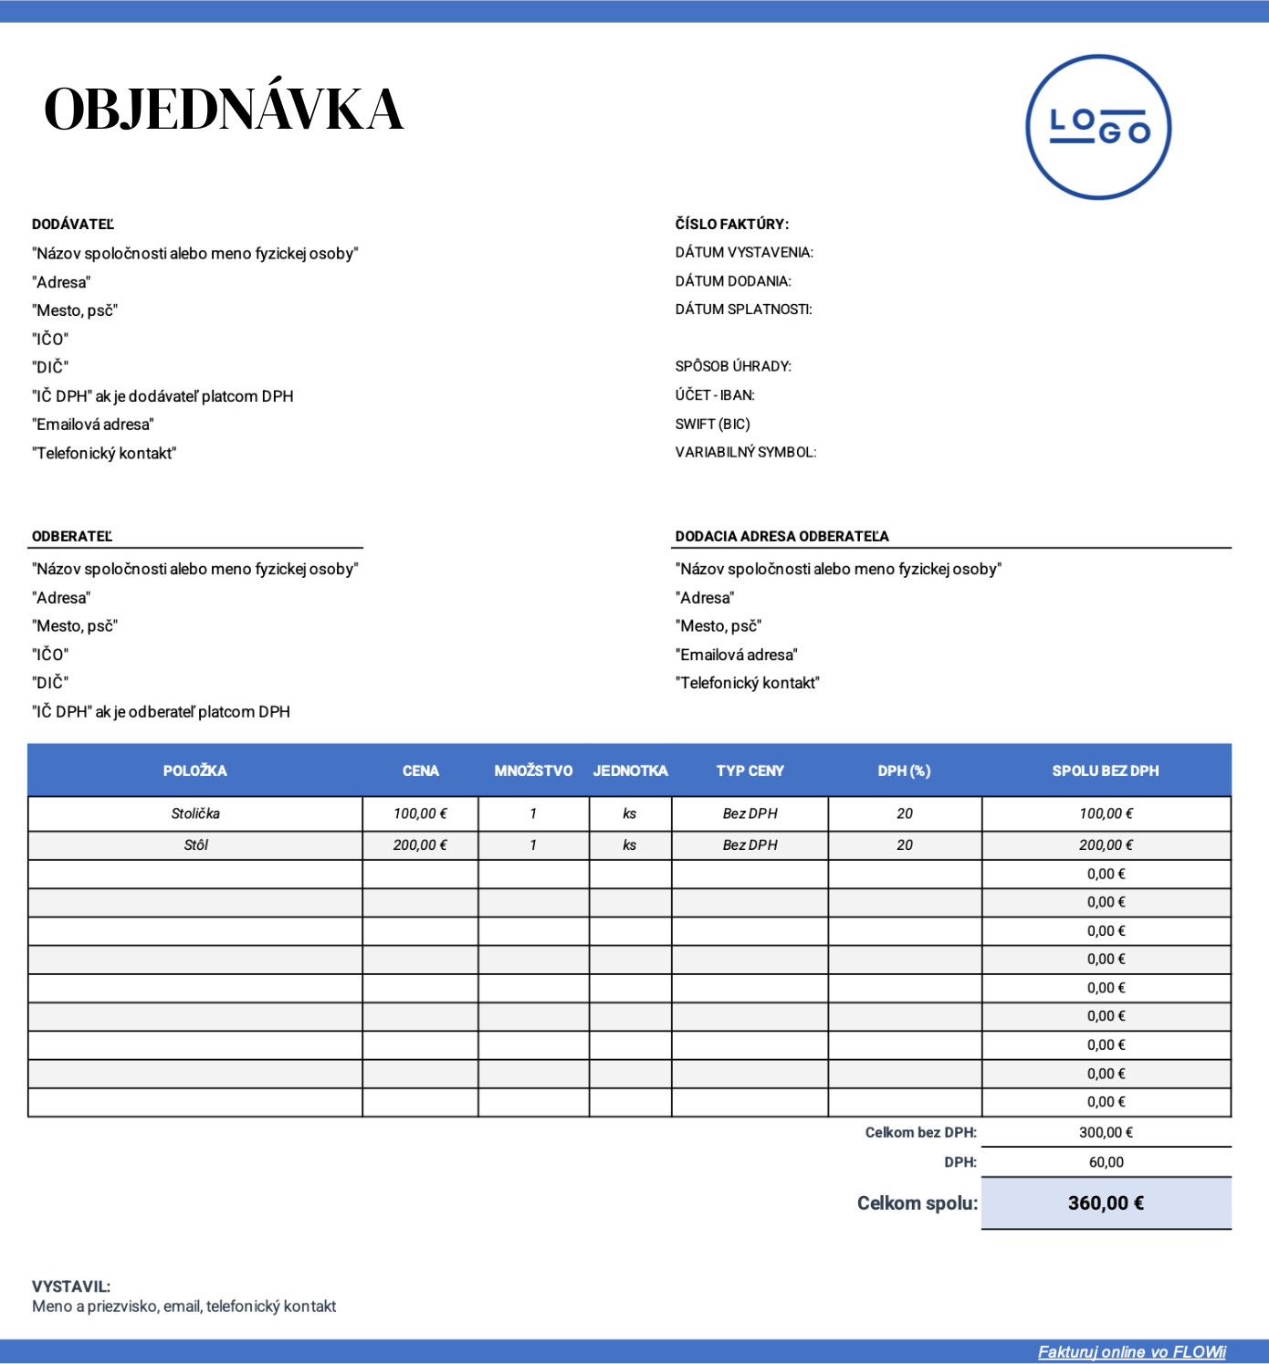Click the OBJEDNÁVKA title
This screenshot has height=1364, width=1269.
pos(224,110)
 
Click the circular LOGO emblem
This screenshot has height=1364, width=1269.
pos(1098,127)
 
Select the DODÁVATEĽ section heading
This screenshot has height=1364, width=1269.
pos(73,225)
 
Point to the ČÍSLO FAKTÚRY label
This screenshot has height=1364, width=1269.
pos(731,225)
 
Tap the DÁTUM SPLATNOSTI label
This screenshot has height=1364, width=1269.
pos(743,310)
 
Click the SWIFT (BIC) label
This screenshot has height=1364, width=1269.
pos(712,425)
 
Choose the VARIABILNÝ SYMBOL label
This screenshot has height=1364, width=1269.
pos(745,453)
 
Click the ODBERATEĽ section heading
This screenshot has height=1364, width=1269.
pos(72,537)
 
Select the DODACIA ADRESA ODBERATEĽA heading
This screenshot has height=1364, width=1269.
pos(781,537)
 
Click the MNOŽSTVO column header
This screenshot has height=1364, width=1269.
pos(533,771)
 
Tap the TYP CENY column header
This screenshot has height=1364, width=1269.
pos(750,771)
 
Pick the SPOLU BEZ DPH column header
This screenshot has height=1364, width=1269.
pos(1106,771)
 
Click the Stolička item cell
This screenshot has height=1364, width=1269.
pos(195,814)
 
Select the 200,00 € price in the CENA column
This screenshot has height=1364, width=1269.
pos(420,845)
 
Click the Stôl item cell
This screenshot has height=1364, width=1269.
pos(195,845)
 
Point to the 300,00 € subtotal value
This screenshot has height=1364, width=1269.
pos(1106,1133)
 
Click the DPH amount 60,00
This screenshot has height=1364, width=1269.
pos(1106,1163)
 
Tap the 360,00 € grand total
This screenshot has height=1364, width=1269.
pos(1106,1203)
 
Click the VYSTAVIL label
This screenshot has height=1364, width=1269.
pos(71,1287)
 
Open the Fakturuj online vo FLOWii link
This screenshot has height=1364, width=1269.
pos(1131,1352)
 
